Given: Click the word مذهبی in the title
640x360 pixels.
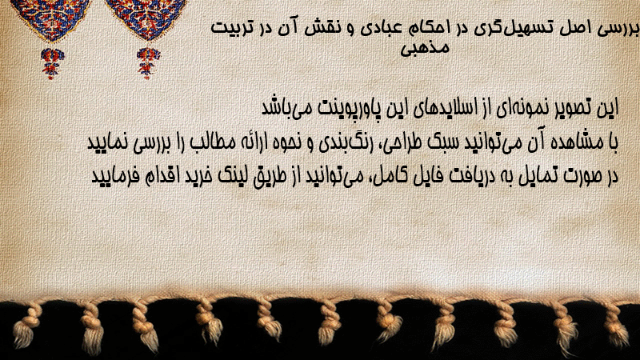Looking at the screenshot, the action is pos(425,48).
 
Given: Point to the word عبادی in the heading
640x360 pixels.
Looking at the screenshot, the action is pos(378,29).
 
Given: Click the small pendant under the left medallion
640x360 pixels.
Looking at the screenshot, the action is pos(52,62).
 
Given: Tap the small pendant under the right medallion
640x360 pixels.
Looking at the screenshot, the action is pos(148,62).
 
